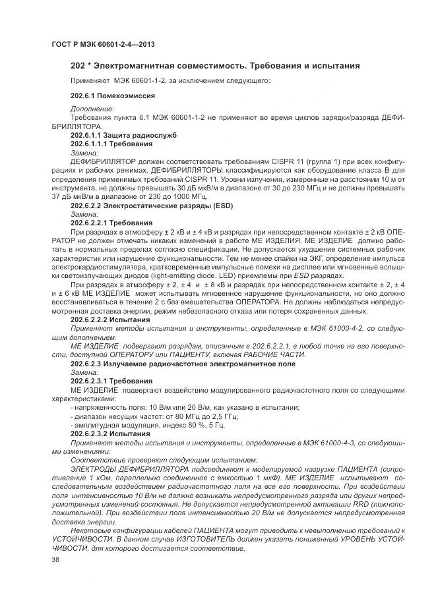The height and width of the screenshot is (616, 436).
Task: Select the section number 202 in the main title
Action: [78, 66]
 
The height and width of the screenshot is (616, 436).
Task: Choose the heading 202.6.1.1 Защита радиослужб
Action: [123, 136]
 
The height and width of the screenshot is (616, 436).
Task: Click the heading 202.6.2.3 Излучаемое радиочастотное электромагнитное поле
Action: [183, 364]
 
